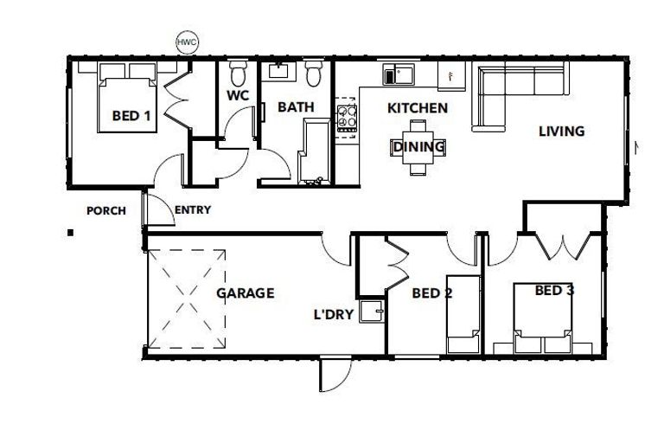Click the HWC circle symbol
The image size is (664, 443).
pos(186,42)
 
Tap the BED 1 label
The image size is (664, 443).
pos(132,115)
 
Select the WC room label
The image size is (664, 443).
pos(238,96)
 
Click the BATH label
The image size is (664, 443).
pos(295,107)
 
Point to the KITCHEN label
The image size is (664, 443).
pos(417,108)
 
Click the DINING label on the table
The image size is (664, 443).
pos(419,147)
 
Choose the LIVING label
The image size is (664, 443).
pos(561,132)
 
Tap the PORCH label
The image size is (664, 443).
pos(106,210)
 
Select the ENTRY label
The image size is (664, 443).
pos(192,209)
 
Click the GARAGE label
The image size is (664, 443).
pos(245,293)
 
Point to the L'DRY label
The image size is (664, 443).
pos(333,315)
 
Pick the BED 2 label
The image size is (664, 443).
pos(432,293)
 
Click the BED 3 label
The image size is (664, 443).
pos(554,291)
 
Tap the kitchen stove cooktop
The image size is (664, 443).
pos(347,117)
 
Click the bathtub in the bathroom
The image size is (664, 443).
pos(311,151)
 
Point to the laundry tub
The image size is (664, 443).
pos(373,311)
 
